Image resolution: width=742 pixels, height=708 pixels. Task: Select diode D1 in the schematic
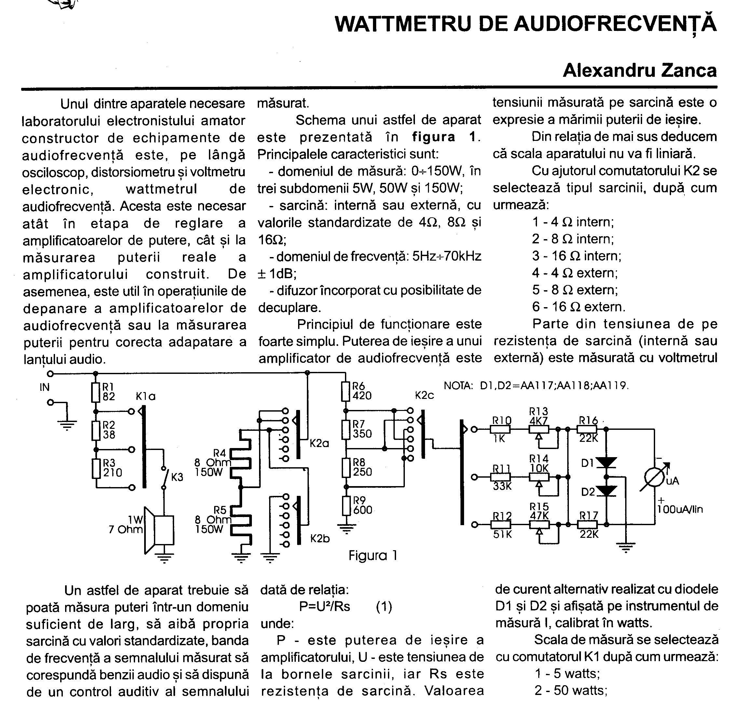606,462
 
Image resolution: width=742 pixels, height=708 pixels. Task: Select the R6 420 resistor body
346,391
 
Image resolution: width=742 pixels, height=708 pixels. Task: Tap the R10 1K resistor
500,429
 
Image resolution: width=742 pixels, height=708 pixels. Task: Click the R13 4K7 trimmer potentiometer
539,429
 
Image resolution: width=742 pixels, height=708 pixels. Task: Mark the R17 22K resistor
587,524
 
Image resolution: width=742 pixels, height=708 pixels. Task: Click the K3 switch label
177,477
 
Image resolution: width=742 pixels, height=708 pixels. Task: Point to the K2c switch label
424,395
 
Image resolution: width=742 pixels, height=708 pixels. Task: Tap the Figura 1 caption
373,555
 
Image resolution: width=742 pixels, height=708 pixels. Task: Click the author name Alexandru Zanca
639,71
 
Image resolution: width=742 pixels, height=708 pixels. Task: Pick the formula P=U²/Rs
324,606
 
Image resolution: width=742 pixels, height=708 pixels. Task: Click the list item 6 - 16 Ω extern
579,306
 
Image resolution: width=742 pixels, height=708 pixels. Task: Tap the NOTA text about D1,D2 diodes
536,386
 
